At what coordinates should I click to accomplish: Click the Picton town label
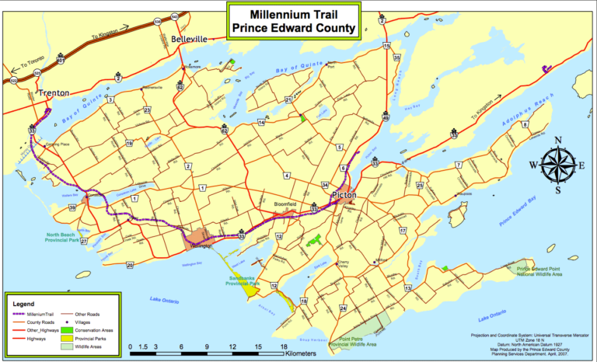click(x=343, y=195)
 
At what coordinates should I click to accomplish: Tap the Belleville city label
click(x=189, y=38)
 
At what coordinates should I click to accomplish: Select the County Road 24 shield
click(x=342, y=308)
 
